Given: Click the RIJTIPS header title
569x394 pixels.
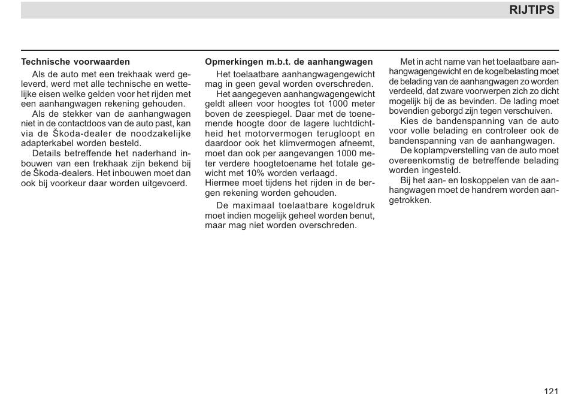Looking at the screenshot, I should click(531, 10).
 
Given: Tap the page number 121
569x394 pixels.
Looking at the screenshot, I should click(551, 391).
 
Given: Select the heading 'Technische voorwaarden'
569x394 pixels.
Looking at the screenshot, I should click(75, 62).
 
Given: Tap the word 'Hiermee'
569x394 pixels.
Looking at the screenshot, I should click(223, 183).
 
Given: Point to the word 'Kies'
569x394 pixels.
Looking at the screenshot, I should click(410, 121).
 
